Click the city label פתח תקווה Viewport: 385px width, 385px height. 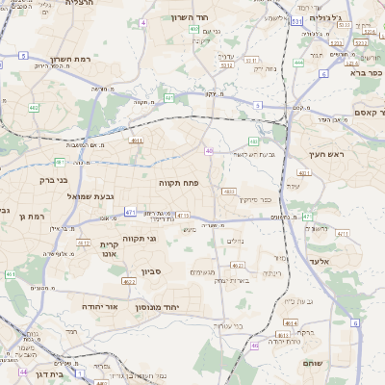pyautogui.click(x=178, y=181)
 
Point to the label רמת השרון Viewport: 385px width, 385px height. pyautogui.click(x=71, y=59)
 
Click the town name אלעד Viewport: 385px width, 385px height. pyautogui.click(x=321, y=261)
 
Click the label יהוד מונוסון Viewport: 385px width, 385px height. pyautogui.click(x=171, y=305)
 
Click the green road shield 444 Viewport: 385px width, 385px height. pyautogui.click(x=298, y=62)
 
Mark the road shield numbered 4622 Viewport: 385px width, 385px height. pyautogui.click(x=129, y=281)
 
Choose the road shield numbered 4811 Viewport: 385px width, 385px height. pyautogui.click(x=136, y=141)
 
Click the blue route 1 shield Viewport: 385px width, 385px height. pyautogui.click(x=81, y=371)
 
